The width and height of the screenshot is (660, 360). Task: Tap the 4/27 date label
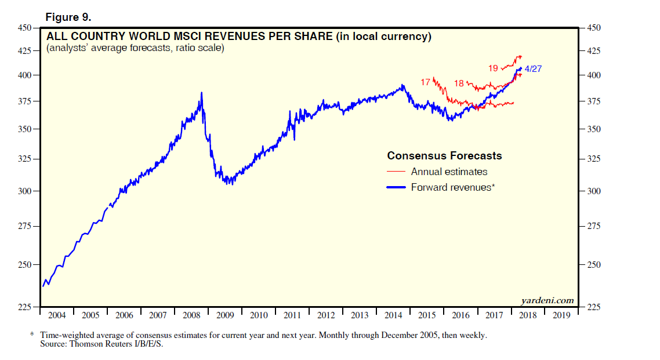[x=533, y=69]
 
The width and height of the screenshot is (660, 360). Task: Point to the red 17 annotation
[x=425, y=82]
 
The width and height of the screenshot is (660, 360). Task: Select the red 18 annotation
[x=459, y=83]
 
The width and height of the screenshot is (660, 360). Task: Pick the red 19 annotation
[x=493, y=68]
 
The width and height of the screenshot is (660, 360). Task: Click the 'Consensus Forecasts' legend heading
[x=444, y=156]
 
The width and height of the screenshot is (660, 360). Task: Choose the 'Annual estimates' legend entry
[x=449, y=172]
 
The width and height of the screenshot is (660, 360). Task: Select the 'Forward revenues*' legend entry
[x=452, y=187]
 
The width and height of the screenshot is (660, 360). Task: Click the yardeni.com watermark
[x=547, y=300]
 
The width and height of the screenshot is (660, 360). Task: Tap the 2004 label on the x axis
[x=56, y=315]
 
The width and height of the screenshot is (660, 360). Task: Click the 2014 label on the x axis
[x=393, y=315]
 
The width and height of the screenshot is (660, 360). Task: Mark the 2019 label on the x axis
[x=561, y=315]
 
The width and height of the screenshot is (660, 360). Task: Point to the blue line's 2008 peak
[x=201, y=93]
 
